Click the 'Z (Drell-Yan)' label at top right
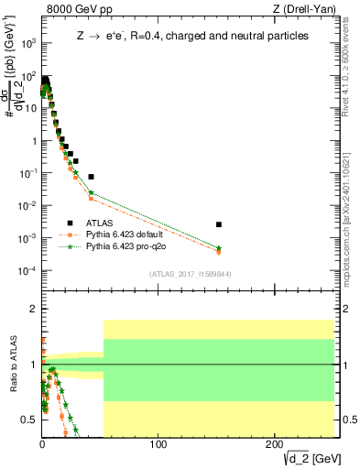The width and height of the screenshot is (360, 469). (x=306, y=10)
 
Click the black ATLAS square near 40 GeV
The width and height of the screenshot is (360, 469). (x=91, y=176)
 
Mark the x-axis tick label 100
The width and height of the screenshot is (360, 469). (x=158, y=445)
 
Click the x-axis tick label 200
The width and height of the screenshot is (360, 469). (x=275, y=445)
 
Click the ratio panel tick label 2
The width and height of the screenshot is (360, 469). (x=32, y=310)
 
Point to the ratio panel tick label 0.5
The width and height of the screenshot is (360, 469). (x=27, y=420)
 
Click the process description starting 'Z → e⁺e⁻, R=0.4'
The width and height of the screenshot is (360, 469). (x=192, y=35)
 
